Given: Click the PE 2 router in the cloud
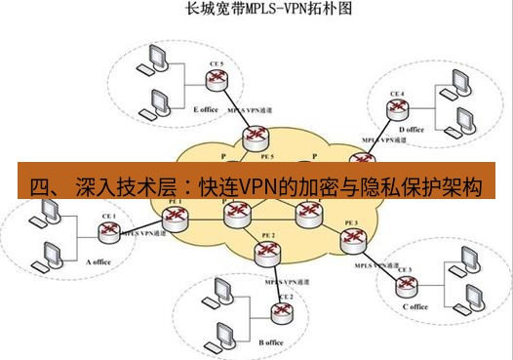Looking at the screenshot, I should [265, 252].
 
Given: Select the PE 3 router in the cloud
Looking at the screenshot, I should [351, 239].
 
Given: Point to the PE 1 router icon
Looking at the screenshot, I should [177, 217].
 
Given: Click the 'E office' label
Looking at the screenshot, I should [207, 109].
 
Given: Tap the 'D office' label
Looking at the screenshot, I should [413, 129].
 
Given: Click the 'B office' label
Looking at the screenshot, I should [271, 342].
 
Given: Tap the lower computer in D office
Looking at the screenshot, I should [457, 123].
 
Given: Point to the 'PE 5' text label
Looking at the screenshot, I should [265, 155].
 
